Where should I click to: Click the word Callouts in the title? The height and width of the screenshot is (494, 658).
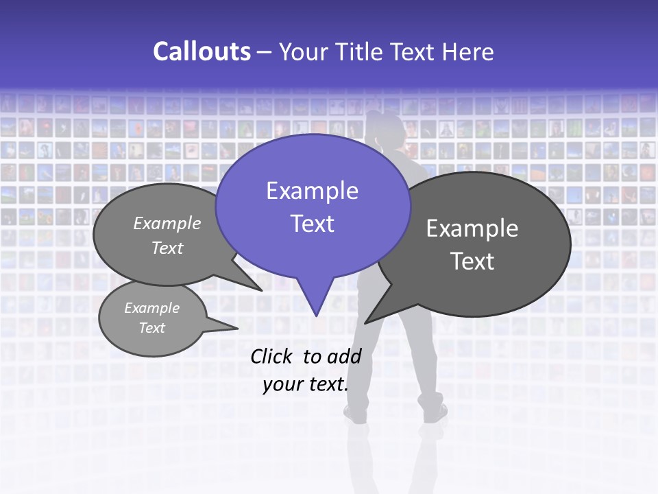coord(202,51)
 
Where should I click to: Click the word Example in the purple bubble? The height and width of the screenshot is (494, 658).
coord(312,191)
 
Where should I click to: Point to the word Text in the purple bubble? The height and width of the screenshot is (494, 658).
coord(312,224)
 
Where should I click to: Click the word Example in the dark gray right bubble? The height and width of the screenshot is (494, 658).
coord(472,228)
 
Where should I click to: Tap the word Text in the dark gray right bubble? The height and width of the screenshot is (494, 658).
coord(472,261)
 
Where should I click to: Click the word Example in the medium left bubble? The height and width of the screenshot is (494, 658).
coord(167,223)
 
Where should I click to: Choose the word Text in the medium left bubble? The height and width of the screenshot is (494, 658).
coord(167,248)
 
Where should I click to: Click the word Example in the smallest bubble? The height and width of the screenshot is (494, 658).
coord(151,308)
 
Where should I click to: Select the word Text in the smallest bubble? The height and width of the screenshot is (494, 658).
coord(151,328)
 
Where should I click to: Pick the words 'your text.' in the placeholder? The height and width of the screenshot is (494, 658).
coord(305,385)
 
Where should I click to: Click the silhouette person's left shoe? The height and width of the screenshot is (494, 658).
coord(356,413)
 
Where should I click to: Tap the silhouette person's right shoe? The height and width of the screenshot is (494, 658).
coord(435,413)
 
